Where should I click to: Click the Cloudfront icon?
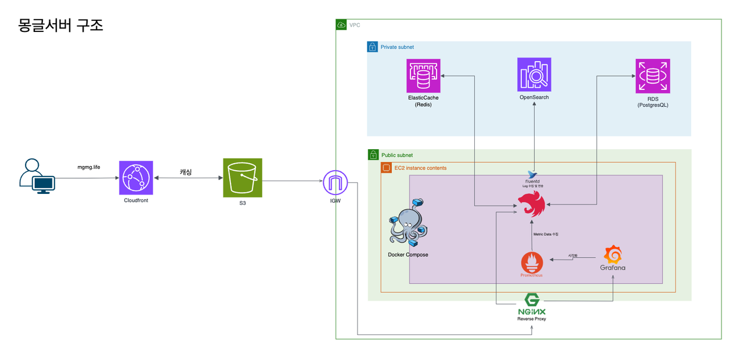[136, 178]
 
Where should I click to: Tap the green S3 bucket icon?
[243, 178]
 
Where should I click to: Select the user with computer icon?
[37, 176]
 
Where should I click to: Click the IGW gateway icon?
[335, 183]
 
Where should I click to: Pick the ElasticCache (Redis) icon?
[424, 75]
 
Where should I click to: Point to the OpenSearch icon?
[534, 74]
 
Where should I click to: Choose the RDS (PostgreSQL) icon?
[652, 75]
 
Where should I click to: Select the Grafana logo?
[613, 255]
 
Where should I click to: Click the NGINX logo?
[532, 303]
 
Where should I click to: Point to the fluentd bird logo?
[532, 174]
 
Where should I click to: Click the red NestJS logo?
[532, 204]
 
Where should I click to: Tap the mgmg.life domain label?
[89, 167]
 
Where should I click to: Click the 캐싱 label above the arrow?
[186, 172]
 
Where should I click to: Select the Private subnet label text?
[397, 47]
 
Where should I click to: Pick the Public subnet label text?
[397, 156]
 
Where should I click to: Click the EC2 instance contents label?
[420, 168]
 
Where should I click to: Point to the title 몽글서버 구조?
[61, 26]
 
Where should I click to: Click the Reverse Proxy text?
[532, 319]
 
